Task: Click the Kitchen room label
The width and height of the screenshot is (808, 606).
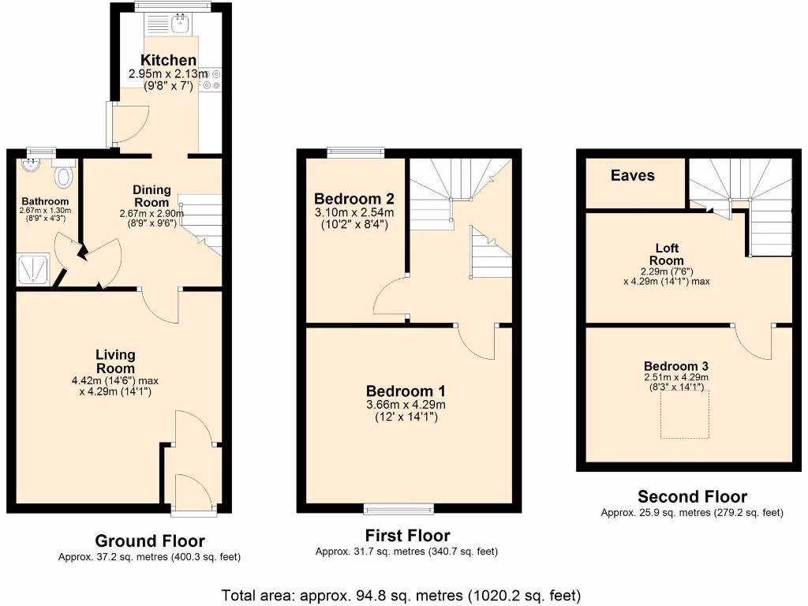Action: tap(168, 60)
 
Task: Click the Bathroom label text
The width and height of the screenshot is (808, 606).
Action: tap(45, 201)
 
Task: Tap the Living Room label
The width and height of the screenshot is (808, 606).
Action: tap(115, 361)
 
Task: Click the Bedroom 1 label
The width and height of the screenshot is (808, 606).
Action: tap(406, 391)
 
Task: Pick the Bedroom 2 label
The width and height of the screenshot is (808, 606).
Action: tap(353, 198)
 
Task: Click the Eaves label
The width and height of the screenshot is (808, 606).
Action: tap(632, 175)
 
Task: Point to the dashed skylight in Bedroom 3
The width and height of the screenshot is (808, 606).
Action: tap(684, 413)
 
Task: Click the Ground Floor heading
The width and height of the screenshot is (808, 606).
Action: tap(149, 541)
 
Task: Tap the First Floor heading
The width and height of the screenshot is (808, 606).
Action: tap(407, 536)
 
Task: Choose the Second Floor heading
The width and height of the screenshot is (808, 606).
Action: tap(692, 496)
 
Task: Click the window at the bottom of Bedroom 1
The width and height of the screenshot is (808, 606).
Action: tap(398, 507)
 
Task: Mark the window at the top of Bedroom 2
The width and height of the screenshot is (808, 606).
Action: tap(356, 152)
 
